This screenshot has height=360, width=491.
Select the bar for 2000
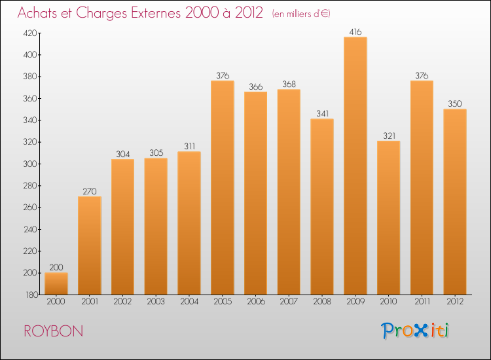[56, 283]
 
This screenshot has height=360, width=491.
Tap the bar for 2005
[223, 187]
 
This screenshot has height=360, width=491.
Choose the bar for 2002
[122, 226]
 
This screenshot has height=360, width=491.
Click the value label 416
[355, 31]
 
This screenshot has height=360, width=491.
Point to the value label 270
[90, 191]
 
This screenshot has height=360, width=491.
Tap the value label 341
[322, 113]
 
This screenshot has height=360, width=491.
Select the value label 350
[455, 103]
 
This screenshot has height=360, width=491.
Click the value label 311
[189, 146]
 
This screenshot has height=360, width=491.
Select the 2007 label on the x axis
[289, 302]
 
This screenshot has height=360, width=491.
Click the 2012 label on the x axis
[455, 302]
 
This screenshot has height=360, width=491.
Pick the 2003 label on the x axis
[156, 302]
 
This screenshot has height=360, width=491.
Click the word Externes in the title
[148, 13]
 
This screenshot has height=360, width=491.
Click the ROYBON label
[54, 331]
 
